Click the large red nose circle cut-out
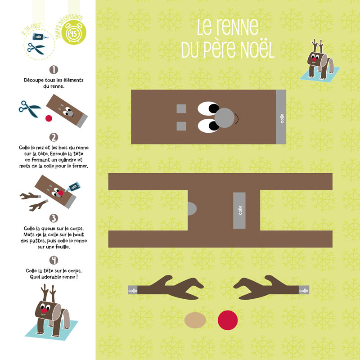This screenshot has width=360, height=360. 228,320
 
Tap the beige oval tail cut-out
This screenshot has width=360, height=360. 195,320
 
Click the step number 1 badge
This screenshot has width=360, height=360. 54,70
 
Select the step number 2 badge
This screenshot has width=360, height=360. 54,137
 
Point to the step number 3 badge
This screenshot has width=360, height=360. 54,218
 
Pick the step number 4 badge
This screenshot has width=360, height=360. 54,260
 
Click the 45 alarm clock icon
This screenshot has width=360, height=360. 74,32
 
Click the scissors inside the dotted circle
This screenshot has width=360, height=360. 36,48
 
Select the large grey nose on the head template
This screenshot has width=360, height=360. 224,118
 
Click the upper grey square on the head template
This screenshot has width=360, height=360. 181,108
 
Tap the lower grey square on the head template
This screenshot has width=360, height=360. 181,126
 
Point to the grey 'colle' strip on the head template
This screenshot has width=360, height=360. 281,117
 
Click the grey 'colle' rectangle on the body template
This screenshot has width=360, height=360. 239,211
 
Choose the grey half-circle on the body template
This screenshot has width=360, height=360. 192,209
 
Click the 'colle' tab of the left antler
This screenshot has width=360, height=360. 132,290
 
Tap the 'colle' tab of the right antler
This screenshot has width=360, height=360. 304,290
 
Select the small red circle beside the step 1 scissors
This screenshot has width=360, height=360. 49,118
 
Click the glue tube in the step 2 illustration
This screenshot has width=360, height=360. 73,187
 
